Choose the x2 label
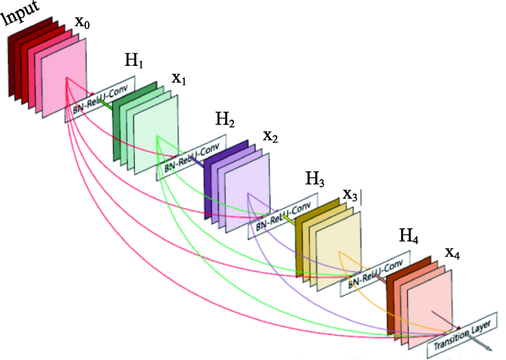click(x=271, y=136)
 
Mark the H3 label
click(x=314, y=180)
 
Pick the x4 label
click(x=452, y=253)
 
